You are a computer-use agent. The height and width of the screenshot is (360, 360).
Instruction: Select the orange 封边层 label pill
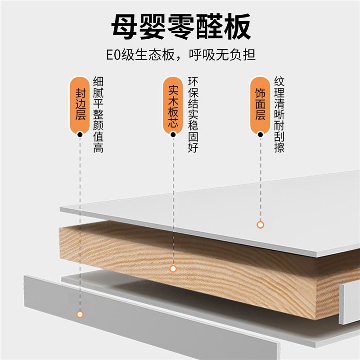(80, 103)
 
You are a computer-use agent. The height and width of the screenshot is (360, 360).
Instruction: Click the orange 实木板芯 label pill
(172, 103)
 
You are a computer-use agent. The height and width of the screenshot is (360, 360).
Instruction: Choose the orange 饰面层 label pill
(260, 103)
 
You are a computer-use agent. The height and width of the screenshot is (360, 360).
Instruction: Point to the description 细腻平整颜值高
(98, 115)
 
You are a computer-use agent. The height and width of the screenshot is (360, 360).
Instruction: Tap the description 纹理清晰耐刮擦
(279, 115)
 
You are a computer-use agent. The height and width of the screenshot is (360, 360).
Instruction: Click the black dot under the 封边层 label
(80, 134)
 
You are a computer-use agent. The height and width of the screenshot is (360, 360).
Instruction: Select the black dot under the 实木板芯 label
(172, 134)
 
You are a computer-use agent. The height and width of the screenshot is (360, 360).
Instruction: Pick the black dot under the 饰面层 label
(260, 134)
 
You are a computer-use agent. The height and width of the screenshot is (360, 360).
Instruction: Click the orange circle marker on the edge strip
(80, 314)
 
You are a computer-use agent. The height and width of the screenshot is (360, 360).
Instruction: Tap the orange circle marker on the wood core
(172, 269)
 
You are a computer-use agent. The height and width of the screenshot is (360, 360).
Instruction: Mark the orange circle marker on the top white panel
(260, 225)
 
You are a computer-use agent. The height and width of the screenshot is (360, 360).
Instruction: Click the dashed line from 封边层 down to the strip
(80, 225)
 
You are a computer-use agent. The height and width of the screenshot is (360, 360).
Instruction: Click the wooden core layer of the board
(202, 261)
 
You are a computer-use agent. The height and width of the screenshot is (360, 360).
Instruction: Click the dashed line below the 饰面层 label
(260, 180)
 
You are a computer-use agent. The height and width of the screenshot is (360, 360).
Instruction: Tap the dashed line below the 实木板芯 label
(172, 202)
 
